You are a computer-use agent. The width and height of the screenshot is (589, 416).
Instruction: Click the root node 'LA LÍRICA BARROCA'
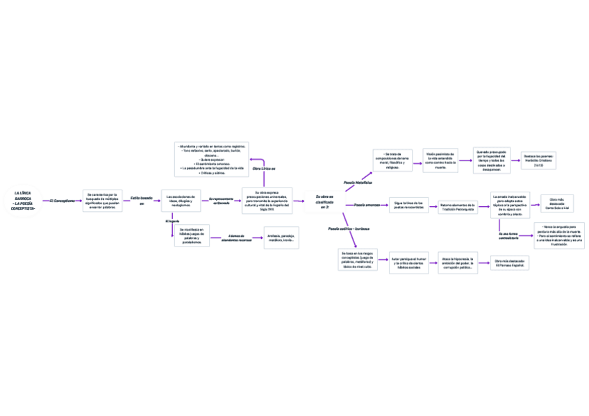point(25,200)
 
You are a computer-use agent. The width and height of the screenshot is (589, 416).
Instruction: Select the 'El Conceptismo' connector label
point(62,200)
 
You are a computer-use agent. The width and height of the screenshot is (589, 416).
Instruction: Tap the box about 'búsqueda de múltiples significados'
point(103,201)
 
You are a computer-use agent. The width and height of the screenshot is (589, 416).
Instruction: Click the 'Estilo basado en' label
point(141,200)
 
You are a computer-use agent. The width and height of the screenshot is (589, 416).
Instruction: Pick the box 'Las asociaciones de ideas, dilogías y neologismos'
point(181,201)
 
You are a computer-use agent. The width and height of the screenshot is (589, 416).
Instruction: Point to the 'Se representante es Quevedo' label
point(221,201)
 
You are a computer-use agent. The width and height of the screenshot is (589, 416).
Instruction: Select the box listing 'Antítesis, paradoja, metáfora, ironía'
point(281,238)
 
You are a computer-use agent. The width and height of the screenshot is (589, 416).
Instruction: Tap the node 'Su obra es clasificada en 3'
point(324,201)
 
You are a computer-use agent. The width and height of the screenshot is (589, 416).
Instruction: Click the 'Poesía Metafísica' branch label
point(358,183)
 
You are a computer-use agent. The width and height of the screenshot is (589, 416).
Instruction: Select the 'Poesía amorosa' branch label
point(367,205)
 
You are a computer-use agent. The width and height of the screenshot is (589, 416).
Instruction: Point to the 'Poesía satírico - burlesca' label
point(349,228)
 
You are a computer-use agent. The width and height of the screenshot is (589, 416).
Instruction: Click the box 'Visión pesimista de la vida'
point(440,160)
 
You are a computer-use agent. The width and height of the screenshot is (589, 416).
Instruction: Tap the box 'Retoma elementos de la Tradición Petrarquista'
point(457,206)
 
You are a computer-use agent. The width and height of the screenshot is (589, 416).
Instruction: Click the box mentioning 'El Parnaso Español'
point(510,263)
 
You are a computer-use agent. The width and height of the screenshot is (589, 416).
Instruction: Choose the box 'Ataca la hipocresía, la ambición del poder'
point(457,263)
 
